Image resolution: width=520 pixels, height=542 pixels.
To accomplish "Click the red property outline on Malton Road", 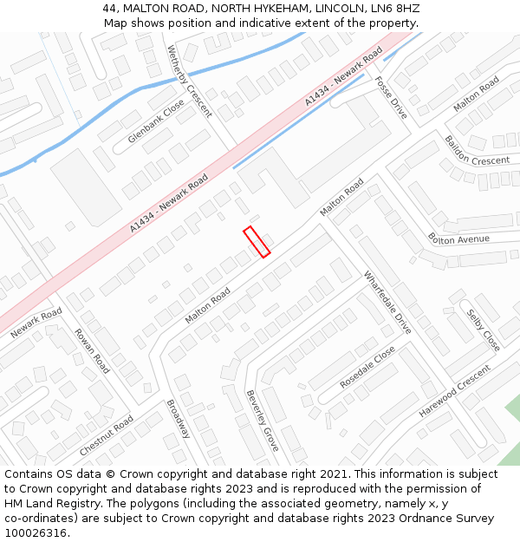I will [x=257, y=241].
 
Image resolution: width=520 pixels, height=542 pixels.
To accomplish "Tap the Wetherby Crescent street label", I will [x=189, y=81].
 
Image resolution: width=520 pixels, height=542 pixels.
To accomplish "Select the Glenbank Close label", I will [x=156, y=121].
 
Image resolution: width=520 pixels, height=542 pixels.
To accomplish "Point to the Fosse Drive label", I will [x=391, y=97].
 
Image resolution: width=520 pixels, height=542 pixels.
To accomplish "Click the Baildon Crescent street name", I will [x=477, y=149].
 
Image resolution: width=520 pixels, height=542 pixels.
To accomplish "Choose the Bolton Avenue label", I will [x=458, y=238].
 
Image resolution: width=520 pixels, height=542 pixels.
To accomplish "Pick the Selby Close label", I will [x=484, y=330].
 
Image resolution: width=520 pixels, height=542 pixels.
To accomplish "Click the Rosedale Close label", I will [x=367, y=367].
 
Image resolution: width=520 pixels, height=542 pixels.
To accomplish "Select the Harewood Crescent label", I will [x=454, y=390].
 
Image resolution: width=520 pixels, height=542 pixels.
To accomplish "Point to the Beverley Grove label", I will [x=263, y=421].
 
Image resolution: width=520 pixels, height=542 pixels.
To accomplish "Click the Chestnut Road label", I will [x=106, y=436].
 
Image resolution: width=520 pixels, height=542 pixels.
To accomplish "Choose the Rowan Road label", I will [x=91, y=349].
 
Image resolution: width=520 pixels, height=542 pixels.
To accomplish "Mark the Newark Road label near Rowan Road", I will [x=36, y=323].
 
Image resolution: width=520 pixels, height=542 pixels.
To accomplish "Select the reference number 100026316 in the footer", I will [x=34, y=532].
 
